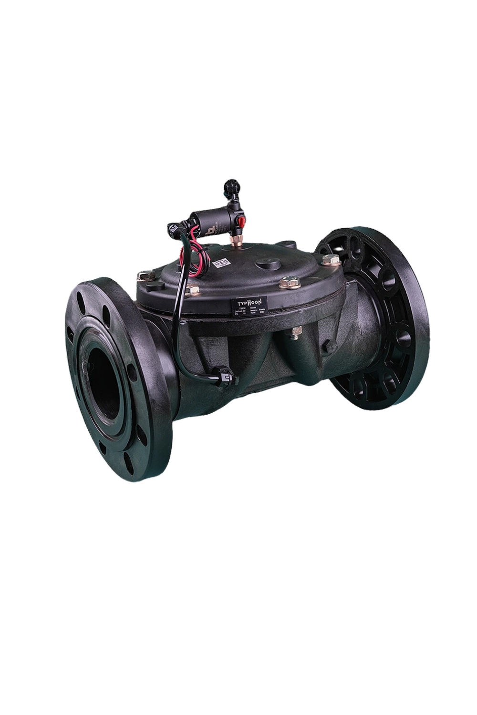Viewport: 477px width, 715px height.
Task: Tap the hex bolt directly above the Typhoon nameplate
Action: coord(288,283)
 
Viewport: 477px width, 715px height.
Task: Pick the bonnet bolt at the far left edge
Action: coord(145,275)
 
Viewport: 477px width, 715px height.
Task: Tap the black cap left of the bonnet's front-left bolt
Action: coord(156,286)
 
